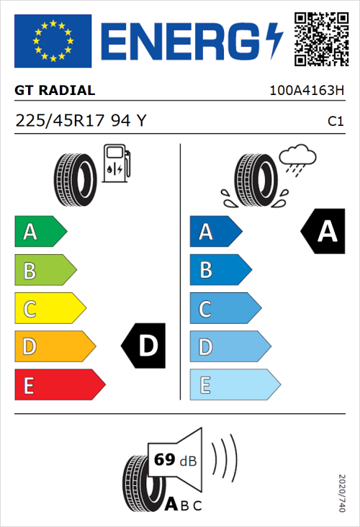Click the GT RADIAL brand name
[55, 91]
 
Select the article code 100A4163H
[305, 91]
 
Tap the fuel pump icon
[117, 163]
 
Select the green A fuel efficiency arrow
[40, 232]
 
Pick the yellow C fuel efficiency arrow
[50, 309]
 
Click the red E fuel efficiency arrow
[59, 385]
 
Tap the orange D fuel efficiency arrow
[55, 347]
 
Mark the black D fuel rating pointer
[144, 346]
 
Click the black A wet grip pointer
[324, 232]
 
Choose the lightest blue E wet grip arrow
[234, 385]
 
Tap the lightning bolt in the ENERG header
[273, 40]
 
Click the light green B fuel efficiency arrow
[45, 271]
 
